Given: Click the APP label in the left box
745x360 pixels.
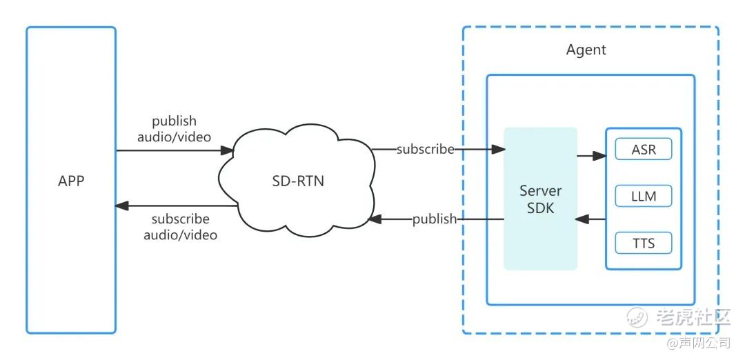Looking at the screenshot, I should click(x=71, y=181).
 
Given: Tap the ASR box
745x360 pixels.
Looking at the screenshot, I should click(x=643, y=150).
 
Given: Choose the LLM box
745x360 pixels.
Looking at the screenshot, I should click(x=643, y=197).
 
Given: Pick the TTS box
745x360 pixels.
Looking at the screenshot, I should click(x=643, y=243).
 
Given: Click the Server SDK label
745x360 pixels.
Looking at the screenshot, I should click(x=540, y=199).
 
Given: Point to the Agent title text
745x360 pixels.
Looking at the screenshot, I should click(x=586, y=50).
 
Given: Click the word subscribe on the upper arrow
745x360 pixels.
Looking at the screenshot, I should click(x=425, y=148).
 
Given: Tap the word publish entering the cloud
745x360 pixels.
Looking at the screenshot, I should click(x=435, y=219).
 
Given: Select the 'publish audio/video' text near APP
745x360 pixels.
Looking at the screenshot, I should click(x=174, y=129).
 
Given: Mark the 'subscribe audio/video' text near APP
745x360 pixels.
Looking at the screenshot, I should click(x=180, y=227).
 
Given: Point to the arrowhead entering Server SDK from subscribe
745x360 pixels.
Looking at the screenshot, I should click(x=497, y=148).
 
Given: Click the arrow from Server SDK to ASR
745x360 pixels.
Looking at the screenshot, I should click(x=591, y=156).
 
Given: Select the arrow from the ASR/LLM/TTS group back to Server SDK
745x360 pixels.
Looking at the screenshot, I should click(x=591, y=219).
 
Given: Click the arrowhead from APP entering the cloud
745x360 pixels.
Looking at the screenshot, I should click(x=227, y=148).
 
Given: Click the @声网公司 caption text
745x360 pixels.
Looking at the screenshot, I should click(x=697, y=343).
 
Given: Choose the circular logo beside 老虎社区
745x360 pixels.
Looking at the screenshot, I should click(x=637, y=317).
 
